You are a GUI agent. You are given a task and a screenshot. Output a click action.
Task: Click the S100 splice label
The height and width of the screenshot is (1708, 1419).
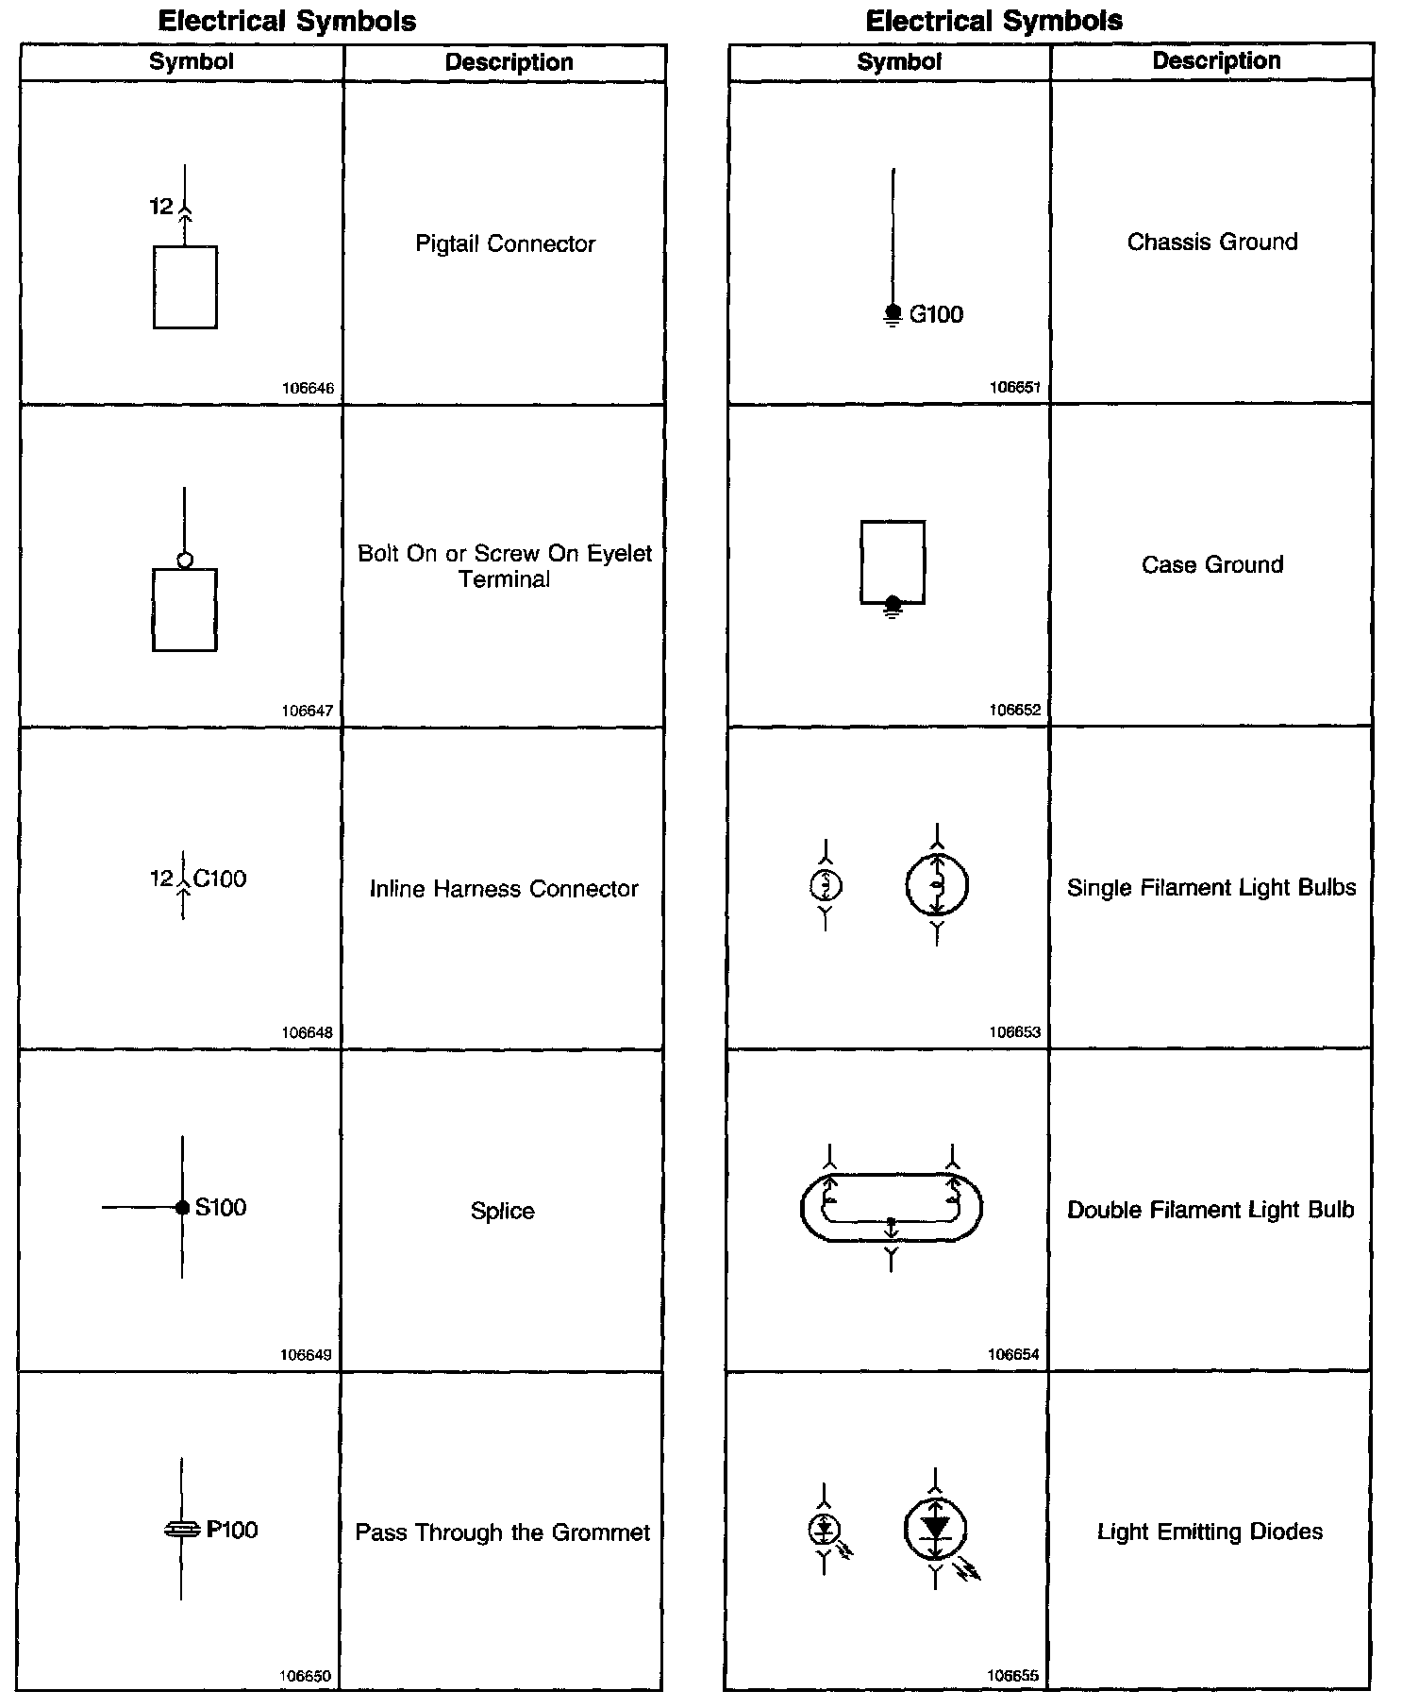coord(220,1207)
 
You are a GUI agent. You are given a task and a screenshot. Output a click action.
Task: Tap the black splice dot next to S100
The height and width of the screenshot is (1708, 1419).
coord(183,1208)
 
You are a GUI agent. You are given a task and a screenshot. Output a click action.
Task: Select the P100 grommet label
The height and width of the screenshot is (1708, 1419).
coord(232,1530)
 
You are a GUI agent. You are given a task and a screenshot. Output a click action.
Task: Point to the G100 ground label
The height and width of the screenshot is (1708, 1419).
coord(936,314)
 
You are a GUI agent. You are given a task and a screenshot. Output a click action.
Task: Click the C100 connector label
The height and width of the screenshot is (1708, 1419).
coord(220,879)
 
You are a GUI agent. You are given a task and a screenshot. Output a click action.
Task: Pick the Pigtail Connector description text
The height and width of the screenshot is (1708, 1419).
coord(505,243)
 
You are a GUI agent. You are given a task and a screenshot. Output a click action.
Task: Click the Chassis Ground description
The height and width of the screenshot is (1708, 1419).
coord(1212,242)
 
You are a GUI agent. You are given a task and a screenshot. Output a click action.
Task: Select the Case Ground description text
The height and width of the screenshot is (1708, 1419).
coord(1212,564)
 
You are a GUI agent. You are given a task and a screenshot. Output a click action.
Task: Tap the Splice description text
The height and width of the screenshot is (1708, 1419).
coord(502,1211)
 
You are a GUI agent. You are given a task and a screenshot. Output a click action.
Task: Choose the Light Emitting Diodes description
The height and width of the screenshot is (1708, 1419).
coord(1210,1532)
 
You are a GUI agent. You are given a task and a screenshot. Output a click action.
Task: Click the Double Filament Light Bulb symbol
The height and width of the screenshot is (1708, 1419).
coord(892,1208)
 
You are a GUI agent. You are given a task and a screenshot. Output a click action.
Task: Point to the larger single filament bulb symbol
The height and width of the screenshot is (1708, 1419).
coord(937,885)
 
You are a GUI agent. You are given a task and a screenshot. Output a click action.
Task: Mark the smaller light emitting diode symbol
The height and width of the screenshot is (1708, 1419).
coord(825,1529)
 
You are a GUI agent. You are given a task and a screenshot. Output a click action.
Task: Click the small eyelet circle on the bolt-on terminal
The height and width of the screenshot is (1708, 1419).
coord(185,561)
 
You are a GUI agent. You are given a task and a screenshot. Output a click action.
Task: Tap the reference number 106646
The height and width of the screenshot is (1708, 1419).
coord(308,389)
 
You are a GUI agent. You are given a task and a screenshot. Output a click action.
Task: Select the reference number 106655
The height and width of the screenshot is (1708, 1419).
coord(1013,1676)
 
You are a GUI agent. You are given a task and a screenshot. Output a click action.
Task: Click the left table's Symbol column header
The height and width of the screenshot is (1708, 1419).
coord(192,62)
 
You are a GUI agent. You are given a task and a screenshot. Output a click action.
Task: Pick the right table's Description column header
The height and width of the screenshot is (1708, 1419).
coord(1216,60)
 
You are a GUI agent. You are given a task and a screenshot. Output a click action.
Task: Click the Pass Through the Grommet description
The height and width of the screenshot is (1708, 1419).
coord(502,1532)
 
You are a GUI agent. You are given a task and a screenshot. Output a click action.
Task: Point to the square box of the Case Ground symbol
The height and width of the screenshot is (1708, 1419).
coord(893,561)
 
